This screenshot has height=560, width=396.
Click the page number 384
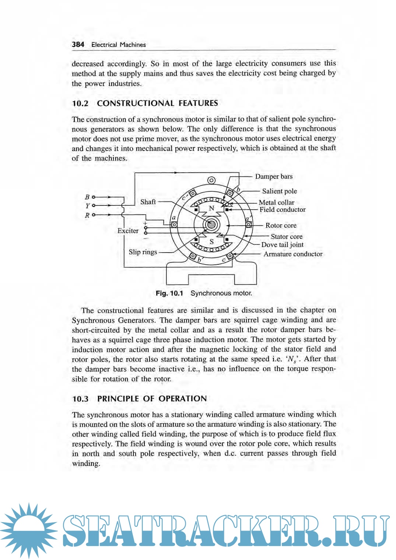78,45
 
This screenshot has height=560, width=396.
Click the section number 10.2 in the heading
80,103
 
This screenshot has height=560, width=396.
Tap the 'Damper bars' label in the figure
274,176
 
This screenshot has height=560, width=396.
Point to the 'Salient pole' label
279,191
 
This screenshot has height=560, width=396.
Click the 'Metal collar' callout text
276,202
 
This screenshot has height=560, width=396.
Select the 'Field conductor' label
283,210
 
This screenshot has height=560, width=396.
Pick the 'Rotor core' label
281,225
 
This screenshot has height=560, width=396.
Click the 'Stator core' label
286,237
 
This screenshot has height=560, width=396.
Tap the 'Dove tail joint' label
282,245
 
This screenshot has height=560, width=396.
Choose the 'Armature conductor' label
293,254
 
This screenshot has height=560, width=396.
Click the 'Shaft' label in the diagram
148,202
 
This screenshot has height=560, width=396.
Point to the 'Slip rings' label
143,252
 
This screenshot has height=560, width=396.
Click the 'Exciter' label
128,231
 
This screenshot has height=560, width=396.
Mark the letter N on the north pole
211,208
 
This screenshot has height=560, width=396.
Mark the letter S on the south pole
211,242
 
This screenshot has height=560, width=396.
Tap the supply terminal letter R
87,215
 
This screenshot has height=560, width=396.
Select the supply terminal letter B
87,197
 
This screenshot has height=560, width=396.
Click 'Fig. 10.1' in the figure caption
169,293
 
